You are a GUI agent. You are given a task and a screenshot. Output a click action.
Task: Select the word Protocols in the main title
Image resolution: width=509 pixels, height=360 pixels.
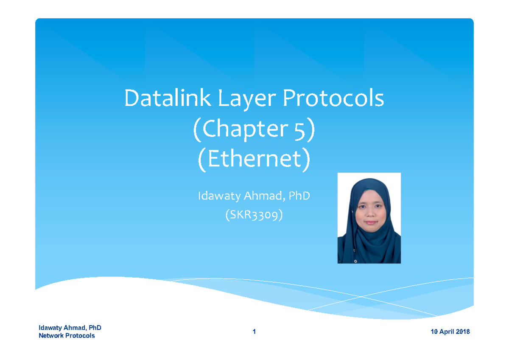coord(333,99)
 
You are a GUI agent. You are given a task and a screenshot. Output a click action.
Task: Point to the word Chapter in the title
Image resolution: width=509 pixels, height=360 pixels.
coord(249,130)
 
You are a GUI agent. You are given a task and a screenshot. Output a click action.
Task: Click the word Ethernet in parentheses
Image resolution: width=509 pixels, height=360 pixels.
coord(254,160)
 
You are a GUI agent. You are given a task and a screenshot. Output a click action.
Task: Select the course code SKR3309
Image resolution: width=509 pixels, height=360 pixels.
coord(254,216)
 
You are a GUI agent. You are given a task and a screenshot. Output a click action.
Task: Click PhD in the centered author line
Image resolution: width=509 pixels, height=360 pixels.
coord(299,196)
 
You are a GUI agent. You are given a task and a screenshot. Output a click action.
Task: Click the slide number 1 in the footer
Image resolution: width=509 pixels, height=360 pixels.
coord(254,332)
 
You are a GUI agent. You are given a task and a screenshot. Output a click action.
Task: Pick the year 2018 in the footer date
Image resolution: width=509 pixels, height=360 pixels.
coord(461,332)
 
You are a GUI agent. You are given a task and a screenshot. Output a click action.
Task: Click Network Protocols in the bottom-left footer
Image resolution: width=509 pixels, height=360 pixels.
coord(67,336)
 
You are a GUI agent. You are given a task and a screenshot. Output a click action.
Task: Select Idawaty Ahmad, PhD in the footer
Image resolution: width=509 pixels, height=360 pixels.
coord(70,328)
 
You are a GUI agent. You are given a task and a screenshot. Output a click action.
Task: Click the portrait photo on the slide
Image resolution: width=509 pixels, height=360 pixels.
coord(369,218)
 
